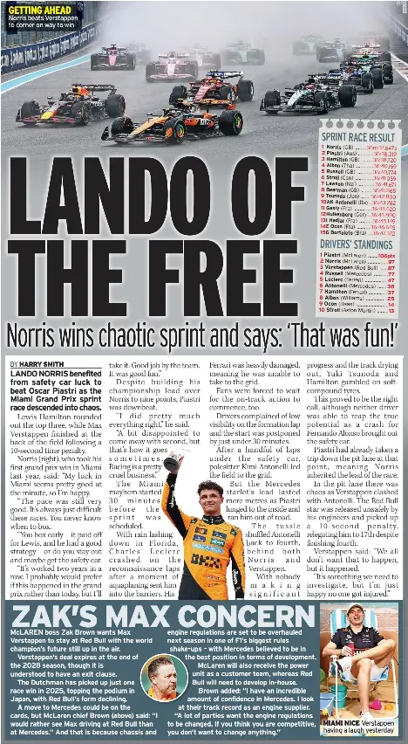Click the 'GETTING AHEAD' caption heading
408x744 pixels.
click(39, 10)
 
